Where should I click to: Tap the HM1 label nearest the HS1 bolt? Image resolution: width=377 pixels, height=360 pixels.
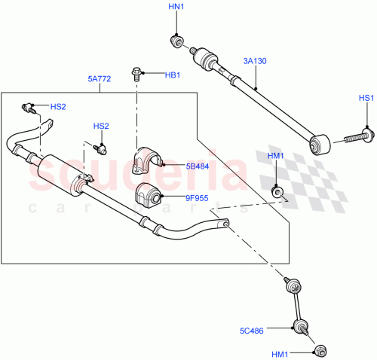coord(277,156)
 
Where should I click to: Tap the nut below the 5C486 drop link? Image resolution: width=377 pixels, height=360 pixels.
coord(320,349)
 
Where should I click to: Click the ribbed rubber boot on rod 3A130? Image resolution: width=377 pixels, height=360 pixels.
coord(204,58)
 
